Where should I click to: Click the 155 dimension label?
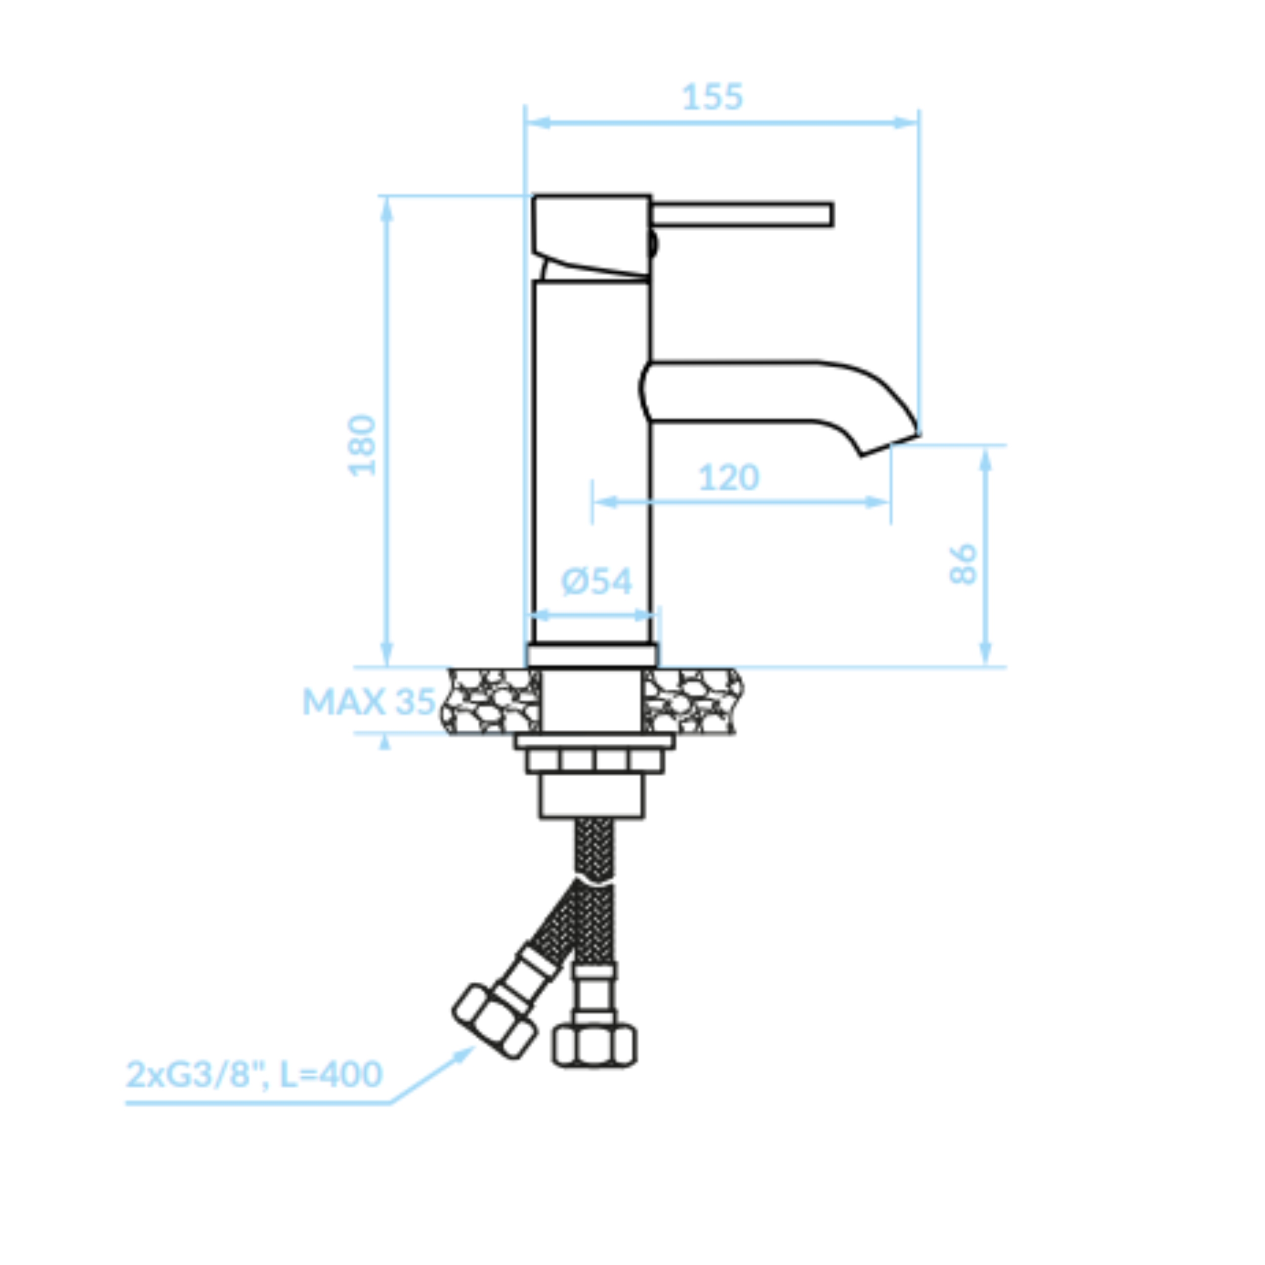(713, 97)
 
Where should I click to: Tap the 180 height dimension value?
(362, 445)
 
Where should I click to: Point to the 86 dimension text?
(963, 564)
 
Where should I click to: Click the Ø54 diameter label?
(597, 581)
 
